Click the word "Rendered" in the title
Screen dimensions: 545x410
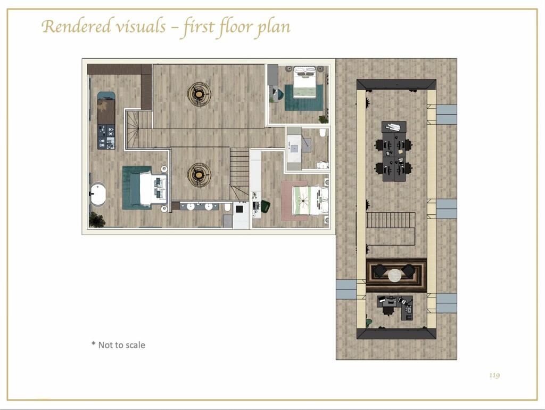coord(76,27)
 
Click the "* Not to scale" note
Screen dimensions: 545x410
coord(118,345)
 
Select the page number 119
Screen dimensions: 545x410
coord(494,375)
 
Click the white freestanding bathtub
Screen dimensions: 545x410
coord(98,194)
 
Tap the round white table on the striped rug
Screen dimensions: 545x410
coord(394,275)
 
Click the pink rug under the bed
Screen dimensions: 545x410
coord(294,201)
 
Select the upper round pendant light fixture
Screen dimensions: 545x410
coord(199,94)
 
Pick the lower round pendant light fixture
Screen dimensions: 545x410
coord(199,174)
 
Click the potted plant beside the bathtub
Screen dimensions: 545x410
coord(97,220)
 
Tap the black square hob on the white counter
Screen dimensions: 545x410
coord(240,209)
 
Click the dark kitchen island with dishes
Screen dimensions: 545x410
coord(106,120)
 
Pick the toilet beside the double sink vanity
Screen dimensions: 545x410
coord(227,207)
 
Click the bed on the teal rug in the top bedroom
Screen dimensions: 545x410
coord(305,84)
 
